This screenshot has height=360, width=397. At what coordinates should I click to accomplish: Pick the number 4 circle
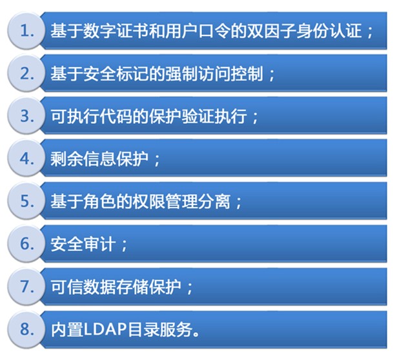coord(26,157)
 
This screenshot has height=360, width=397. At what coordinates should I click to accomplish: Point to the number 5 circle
coord(26,201)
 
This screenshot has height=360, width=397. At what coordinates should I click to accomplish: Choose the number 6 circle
coord(26,243)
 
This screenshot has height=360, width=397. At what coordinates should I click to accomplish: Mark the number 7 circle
coord(26,286)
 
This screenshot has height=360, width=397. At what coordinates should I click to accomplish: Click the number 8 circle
coord(26,329)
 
